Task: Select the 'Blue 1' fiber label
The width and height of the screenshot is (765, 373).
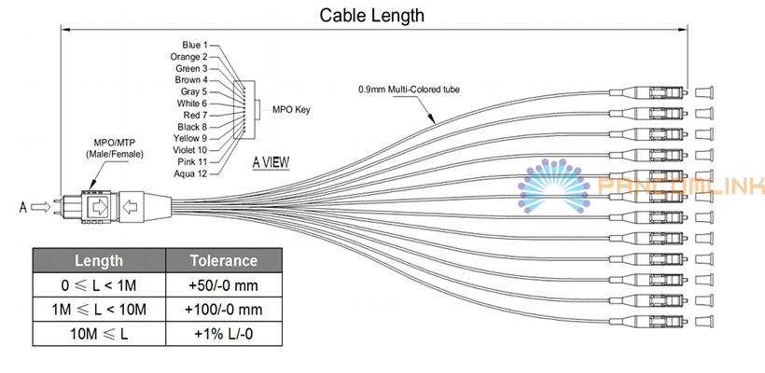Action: (194, 45)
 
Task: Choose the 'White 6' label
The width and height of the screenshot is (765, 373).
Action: (192, 104)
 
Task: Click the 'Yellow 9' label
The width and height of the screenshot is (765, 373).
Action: (190, 138)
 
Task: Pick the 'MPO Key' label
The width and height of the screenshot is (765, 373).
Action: (290, 109)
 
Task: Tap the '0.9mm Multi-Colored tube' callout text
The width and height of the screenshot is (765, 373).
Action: (410, 90)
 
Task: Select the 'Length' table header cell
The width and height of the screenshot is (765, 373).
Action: (97, 260)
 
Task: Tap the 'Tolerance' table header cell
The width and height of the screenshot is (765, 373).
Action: (223, 260)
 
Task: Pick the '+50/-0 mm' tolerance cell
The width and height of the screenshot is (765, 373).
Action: (225, 284)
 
